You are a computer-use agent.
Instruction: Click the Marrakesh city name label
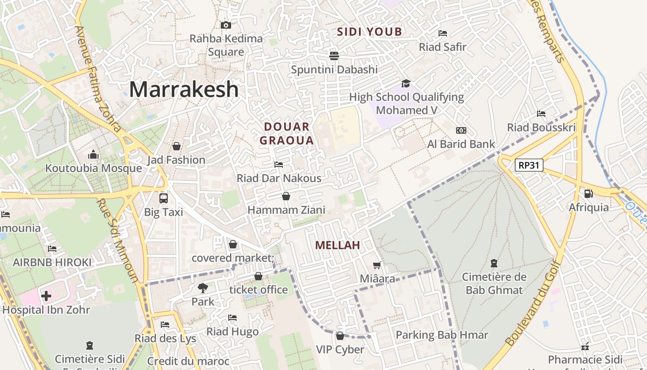(183, 89)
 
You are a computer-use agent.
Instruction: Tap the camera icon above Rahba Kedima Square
(226, 25)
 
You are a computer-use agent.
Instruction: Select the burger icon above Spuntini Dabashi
(334, 56)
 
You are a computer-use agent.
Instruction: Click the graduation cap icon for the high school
(406, 83)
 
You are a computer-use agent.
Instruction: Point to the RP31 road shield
(529, 165)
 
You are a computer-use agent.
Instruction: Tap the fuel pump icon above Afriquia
(588, 194)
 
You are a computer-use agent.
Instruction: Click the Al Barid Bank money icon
(461, 130)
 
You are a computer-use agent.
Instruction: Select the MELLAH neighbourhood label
(337, 246)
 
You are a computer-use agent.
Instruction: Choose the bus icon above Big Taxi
(163, 198)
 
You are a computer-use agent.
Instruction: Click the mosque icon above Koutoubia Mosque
(93, 154)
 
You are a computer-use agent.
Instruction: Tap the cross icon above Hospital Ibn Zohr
(46, 296)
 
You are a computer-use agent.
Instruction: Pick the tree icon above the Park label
(202, 288)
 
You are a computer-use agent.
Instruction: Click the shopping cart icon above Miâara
(377, 265)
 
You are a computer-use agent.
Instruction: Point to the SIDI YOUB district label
(369, 32)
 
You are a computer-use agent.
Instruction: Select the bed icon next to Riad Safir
(442, 33)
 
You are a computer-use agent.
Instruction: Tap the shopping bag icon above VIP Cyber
(340, 336)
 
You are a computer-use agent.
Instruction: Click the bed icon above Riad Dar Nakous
(279, 164)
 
